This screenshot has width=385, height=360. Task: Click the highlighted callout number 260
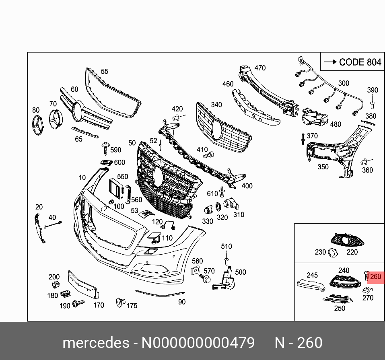tap(375, 277)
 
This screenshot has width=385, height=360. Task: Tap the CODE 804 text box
tap(352, 62)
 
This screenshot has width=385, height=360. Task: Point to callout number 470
tap(260, 68)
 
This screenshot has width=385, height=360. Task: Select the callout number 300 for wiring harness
tap(344, 83)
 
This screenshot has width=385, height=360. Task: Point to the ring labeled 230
tap(333, 252)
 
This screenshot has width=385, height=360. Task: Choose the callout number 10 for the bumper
tap(82, 177)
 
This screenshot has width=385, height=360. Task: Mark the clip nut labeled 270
tap(367, 290)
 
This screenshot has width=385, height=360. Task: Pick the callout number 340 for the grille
tap(216, 105)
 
